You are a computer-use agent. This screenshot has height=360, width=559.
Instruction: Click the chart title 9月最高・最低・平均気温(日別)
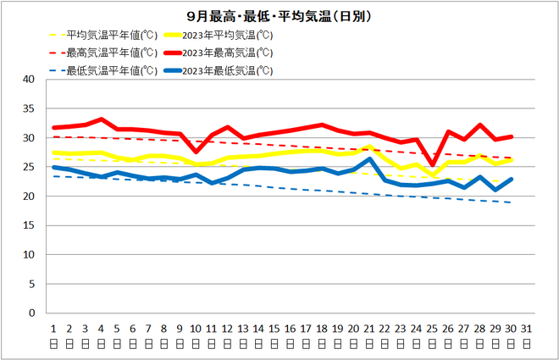pyautogui.click(x=279, y=15)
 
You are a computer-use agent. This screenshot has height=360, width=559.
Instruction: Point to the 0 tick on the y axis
pyautogui.click(x=31, y=313)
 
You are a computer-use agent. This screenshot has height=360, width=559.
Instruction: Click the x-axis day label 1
pyautogui.click(x=53, y=330)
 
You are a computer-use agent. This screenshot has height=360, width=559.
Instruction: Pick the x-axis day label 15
pyautogui.click(x=274, y=330)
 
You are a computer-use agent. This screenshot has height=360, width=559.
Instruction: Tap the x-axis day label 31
pyautogui.click(x=527, y=330)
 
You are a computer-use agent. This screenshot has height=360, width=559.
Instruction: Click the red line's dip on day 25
pyautogui.click(x=433, y=165)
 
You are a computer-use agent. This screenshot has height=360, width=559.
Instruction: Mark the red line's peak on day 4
pyautogui.click(x=101, y=119)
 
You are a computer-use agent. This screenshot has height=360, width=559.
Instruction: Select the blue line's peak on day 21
pyautogui.click(x=369, y=159)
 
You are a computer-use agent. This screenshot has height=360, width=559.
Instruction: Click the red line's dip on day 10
pyautogui.click(x=196, y=152)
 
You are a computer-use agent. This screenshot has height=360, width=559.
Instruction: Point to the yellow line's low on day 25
pyautogui.click(x=433, y=175)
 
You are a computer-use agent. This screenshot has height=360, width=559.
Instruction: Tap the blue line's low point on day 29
pyautogui.click(x=495, y=190)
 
